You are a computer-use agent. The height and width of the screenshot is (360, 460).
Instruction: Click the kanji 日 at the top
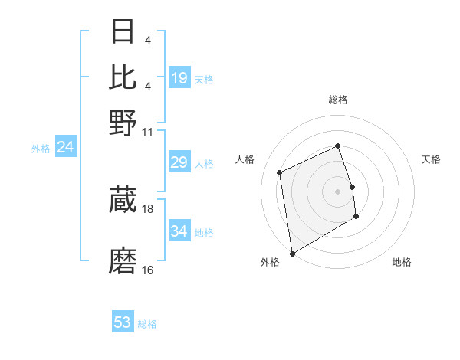[123, 31]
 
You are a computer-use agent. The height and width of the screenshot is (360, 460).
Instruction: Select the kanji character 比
[123, 77]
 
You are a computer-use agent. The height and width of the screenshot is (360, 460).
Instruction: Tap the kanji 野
[123, 122]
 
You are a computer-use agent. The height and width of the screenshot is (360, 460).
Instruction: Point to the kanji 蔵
[123, 200]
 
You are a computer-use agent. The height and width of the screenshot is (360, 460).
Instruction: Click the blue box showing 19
[179, 78]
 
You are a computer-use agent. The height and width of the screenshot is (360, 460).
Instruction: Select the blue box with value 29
[179, 162]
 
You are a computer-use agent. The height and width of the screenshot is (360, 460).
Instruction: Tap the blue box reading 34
[179, 231]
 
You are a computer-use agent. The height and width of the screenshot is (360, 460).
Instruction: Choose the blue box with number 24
[65, 147]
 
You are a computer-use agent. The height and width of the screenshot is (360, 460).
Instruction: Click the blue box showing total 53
[123, 322]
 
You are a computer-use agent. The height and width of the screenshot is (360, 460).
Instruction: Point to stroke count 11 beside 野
[148, 131]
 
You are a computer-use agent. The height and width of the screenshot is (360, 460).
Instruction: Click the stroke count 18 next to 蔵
[148, 208]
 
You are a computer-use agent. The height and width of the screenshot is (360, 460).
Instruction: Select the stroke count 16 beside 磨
[148, 270]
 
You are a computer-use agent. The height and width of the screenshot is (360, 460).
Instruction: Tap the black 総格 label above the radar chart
[338, 100]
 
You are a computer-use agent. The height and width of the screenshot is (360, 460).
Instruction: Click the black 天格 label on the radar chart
[431, 159]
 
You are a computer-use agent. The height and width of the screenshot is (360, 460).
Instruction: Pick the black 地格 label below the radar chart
[402, 262]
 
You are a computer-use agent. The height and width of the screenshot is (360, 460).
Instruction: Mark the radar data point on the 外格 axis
[292, 253]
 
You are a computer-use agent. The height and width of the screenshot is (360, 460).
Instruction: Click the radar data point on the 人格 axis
[280, 172]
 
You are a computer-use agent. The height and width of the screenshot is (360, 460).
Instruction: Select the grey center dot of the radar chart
[338, 191]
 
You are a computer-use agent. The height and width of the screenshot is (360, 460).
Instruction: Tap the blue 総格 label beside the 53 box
[147, 324]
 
